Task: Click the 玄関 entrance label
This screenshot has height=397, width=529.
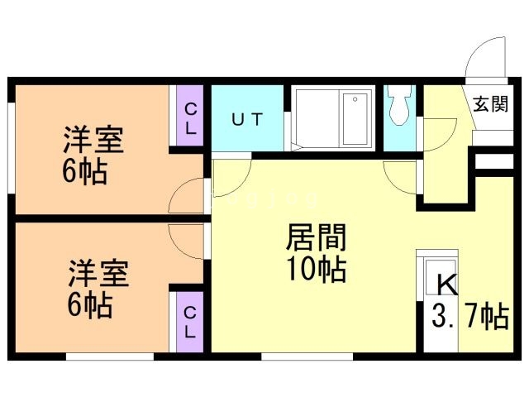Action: click(488, 104)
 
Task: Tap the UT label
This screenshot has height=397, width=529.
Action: click(247, 119)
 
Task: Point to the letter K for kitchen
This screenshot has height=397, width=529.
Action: click(446, 286)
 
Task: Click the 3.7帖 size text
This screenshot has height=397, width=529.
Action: click(470, 317)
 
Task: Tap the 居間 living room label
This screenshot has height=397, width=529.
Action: click(315, 238)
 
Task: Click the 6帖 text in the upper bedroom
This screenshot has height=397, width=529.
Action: click(86, 174)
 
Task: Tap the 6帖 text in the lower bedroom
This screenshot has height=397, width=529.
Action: click(89, 305)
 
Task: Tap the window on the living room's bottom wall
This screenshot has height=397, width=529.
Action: click(307, 356)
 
